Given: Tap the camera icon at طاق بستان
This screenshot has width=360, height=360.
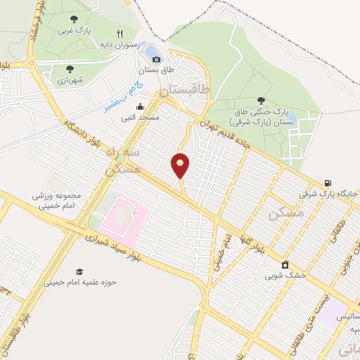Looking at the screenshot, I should click(x=156, y=59).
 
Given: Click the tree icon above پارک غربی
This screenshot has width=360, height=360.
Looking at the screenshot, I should click(x=75, y=19).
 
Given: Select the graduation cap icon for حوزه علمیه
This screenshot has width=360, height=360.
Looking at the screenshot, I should click(x=79, y=271).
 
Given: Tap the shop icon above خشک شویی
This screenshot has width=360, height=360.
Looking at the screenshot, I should click(x=285, y=265).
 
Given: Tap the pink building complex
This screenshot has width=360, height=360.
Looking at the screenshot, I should click(x=122, y=214).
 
